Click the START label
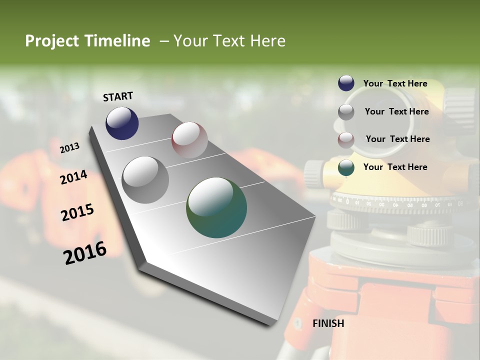tap(118, 96)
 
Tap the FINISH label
tap(328, 323)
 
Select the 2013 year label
tap(69, 147)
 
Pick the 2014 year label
tap(73, 177)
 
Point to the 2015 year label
tap(77, 212)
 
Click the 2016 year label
tap(85, 253)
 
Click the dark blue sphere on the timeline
tap(122, 123)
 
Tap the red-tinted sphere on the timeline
tap(189, 140)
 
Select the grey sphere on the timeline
tap(145, 180)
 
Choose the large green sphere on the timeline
tap(216, 207)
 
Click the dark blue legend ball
tap(346, 83)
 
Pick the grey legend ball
tap(346, 112)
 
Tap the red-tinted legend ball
tap(346, 140)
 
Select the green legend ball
tap(346, 168)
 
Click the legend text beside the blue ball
tap(395, 83)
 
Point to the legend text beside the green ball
tap(395, 167)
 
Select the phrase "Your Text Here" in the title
tap(229, 41)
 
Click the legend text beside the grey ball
tap(396, 111)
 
